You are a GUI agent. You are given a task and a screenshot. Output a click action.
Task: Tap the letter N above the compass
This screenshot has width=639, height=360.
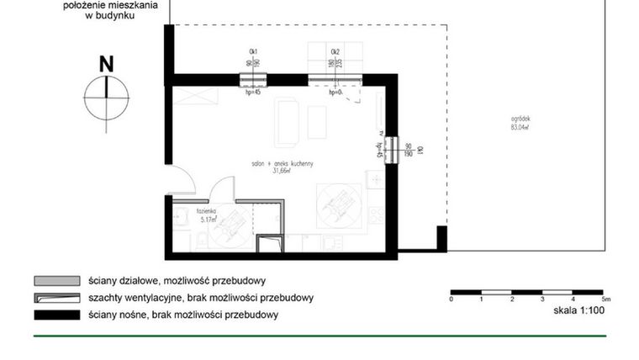[x=106, y=63]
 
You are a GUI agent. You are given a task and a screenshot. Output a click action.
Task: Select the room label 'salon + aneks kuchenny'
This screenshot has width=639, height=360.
[x=277, y=163]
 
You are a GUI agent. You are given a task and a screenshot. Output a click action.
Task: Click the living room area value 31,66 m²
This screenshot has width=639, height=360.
[x=281, y=171]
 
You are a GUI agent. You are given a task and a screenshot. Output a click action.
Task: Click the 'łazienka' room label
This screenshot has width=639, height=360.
[x=207, y=213]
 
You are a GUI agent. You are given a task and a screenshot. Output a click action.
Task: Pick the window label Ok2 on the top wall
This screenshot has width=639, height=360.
[x=335, y=51]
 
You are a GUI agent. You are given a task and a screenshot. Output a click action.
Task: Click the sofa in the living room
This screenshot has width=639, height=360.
[x=286, y=120]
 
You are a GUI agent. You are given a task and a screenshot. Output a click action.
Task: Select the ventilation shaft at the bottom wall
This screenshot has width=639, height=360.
[x=269, y=243]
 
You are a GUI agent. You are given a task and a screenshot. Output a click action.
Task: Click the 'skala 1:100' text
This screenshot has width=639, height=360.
[x=579, y=310]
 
